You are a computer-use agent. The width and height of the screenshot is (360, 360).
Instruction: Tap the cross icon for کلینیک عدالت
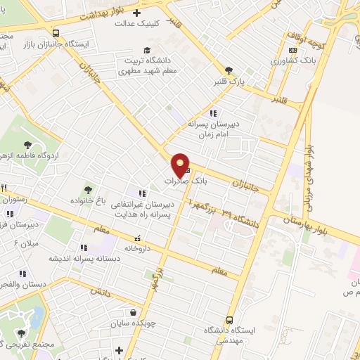tap(136, 13)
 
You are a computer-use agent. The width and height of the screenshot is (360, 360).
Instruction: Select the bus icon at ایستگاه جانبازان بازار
tap(56, 33)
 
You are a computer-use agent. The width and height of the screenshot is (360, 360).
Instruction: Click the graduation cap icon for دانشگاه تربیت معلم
tap(147, 49)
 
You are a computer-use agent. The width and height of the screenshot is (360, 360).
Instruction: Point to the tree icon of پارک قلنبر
tap(229, 70)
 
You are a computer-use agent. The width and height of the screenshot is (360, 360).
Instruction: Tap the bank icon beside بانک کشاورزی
tap(292, 50)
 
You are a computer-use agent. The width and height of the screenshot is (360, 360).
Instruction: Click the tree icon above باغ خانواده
tap(88, 190)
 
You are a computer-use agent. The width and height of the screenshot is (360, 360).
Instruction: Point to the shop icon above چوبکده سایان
tap(134, 313)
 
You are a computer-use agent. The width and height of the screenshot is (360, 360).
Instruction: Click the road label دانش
tap(101, 290)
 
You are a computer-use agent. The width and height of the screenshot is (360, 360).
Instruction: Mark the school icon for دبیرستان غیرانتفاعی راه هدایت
tap(143, 193)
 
